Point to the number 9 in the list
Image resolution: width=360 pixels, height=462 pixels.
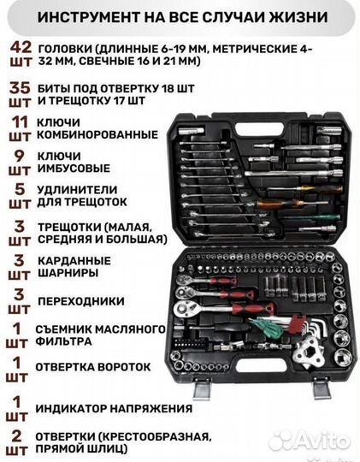[13, 157]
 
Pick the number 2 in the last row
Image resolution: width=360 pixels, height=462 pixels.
[13, 435]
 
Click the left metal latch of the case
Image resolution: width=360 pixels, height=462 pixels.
[203, 389]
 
